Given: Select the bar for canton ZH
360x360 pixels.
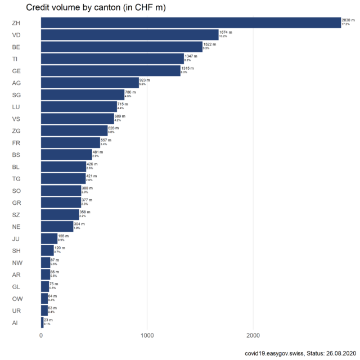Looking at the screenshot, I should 191,22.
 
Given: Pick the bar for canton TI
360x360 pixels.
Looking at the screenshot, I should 112,58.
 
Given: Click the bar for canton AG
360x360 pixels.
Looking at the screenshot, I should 89,83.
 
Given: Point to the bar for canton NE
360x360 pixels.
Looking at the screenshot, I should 57,226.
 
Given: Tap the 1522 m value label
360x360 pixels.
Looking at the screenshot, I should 210,44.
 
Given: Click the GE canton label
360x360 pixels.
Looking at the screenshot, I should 16,71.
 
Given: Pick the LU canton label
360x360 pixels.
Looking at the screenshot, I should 16,107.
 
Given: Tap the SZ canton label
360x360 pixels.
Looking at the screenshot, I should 16,215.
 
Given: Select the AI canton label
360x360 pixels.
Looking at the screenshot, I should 15,323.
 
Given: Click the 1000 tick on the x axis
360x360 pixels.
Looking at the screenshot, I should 147,336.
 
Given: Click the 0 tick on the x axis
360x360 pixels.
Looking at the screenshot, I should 41,336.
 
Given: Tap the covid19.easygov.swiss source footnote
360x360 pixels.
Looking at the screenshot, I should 299,353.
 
